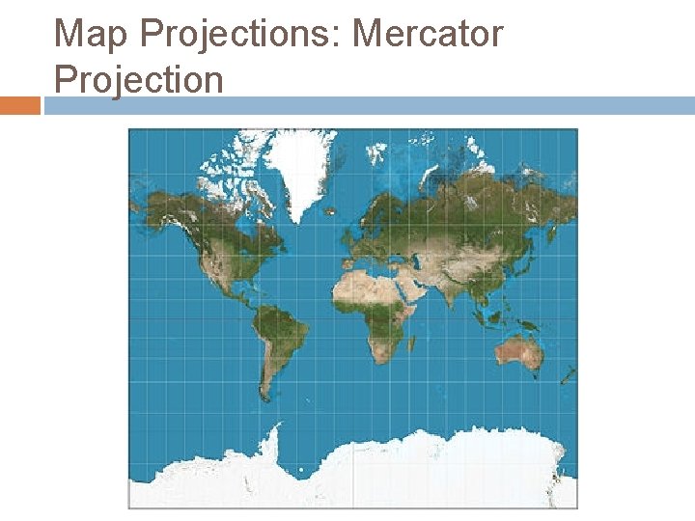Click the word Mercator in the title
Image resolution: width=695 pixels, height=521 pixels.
(428, 35)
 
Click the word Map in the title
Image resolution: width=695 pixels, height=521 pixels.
(91, 35)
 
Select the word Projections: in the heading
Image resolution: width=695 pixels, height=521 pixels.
(240, 35)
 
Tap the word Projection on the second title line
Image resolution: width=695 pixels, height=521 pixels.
(139, 79)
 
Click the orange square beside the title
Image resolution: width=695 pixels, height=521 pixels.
(19, 105)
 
